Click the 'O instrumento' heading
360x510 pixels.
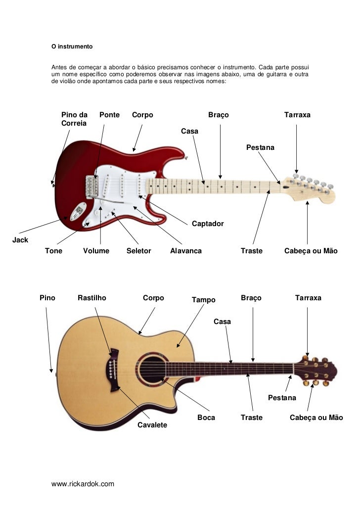click(72, 47)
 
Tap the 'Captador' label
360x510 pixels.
click(208, 224)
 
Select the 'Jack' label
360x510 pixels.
click(20, 240)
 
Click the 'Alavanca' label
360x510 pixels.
click(186, 251)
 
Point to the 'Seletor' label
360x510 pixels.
click(138, 251)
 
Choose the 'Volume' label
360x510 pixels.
click(96, 251)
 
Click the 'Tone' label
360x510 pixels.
click(54, 251)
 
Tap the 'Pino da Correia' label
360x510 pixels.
click(74, 119)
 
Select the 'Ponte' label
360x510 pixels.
click(109, 115)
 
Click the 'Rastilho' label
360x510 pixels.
click(92, 298)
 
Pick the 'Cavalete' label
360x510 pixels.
click(152, 425)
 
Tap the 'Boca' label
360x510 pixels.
click(206, 417)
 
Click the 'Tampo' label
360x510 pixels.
click(203, 300)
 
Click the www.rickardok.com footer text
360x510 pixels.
click(83, 483)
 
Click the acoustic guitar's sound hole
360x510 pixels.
click(151, 369)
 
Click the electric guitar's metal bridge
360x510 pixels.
click(91, 187)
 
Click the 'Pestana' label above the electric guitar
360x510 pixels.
click(260, 148)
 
